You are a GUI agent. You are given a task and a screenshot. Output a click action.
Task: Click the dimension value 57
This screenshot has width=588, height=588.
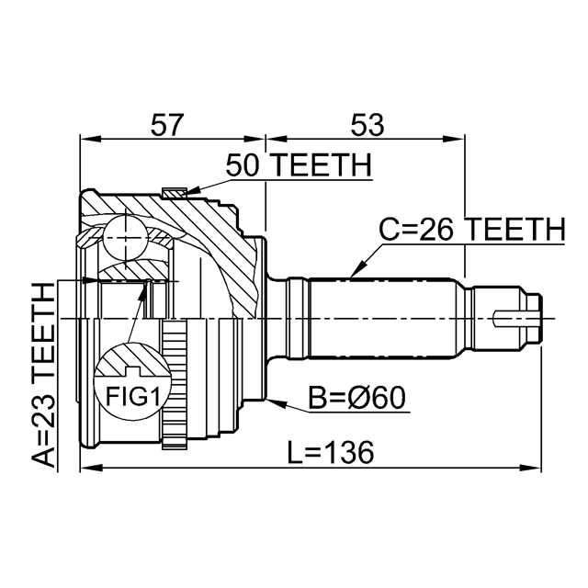[x=167, y=125]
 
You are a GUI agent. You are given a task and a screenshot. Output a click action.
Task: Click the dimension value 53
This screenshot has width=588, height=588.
[x=367, y=125]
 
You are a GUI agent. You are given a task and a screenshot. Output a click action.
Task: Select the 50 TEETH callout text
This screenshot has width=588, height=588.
[x=299, y=165]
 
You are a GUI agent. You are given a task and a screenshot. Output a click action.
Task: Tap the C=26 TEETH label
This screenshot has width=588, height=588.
[x=471, y=229]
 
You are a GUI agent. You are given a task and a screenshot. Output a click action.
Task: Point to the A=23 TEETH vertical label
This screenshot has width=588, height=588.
[x=44, y=376]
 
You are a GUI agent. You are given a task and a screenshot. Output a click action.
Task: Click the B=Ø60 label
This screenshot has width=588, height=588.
[x=356, y=398]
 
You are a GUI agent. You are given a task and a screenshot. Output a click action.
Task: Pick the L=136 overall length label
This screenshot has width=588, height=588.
[x=331, y=452]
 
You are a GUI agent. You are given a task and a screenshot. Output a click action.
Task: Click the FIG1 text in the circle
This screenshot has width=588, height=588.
[x=132, y=396]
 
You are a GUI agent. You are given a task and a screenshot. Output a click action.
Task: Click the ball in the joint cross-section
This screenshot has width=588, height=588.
[x=125, y=238]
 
